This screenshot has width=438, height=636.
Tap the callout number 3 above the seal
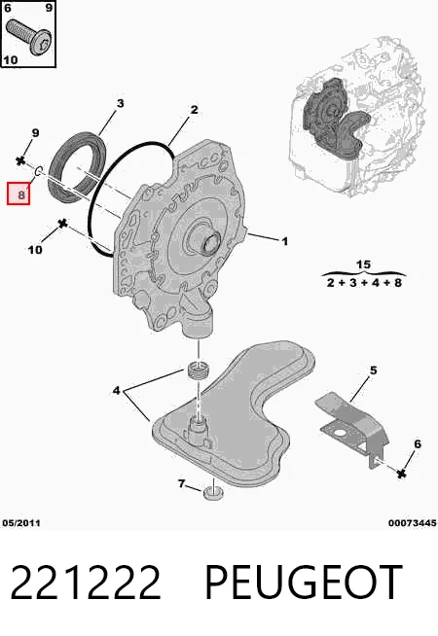pos(120,103)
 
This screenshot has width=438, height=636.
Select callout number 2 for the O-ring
pos(194,110)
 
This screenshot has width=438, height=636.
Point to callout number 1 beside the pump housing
pos(285,241)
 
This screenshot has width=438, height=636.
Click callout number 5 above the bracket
pos(373,371)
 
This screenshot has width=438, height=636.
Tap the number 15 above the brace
pos(363,265)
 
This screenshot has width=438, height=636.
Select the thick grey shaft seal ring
pos(77,164)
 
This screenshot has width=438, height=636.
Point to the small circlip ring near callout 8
pos(37,171)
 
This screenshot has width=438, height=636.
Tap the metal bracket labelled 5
pos(352,428)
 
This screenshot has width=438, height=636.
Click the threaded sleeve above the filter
pos(199,370)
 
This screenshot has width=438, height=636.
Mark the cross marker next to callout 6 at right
pos(401,473)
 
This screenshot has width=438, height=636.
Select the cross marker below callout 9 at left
pos(20,160)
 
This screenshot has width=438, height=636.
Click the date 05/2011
pos(21,523)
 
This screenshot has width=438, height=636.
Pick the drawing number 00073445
pos(412,523)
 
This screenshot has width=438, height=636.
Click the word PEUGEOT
pos(304,583)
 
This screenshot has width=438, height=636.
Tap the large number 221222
pos(86,583)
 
